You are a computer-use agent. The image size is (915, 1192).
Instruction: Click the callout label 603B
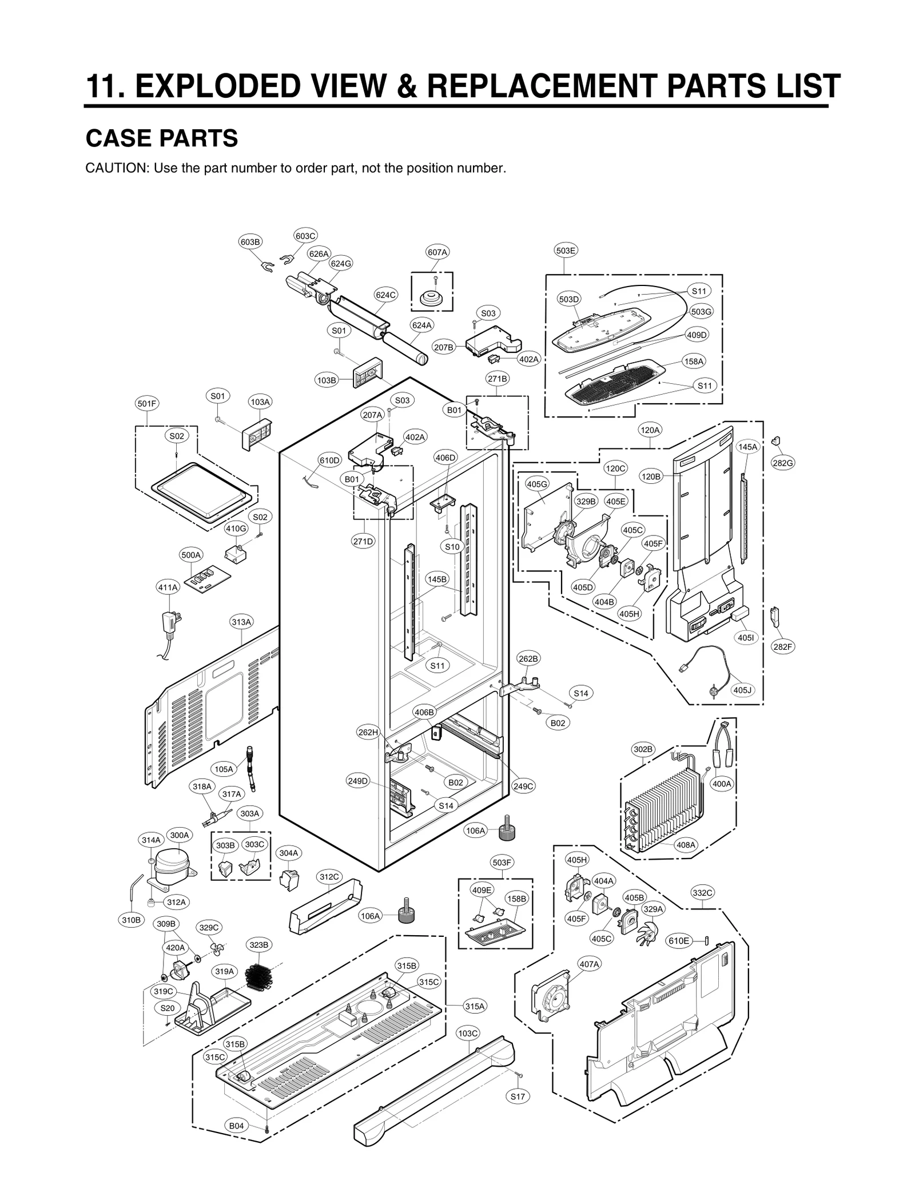(x=250, y=242)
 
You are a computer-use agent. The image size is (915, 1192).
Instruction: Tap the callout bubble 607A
(x=437, y=252)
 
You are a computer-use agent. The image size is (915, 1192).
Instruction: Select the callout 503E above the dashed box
(x=566, y=250)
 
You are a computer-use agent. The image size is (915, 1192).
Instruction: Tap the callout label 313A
(x=241, y=622)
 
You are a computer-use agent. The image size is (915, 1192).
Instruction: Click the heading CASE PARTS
(x=161, y=138)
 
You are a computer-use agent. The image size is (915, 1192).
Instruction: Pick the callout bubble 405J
(x=742, y=690)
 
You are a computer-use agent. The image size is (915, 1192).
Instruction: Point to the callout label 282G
(x=782, y=463)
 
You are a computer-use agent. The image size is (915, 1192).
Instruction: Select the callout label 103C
(x=468, y=1033)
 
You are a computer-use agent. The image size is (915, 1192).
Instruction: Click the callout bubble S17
(x=518, y=1096)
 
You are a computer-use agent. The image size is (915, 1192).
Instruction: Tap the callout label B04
(x=236, y=1142)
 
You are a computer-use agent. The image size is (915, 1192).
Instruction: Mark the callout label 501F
(x=146, y=403)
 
